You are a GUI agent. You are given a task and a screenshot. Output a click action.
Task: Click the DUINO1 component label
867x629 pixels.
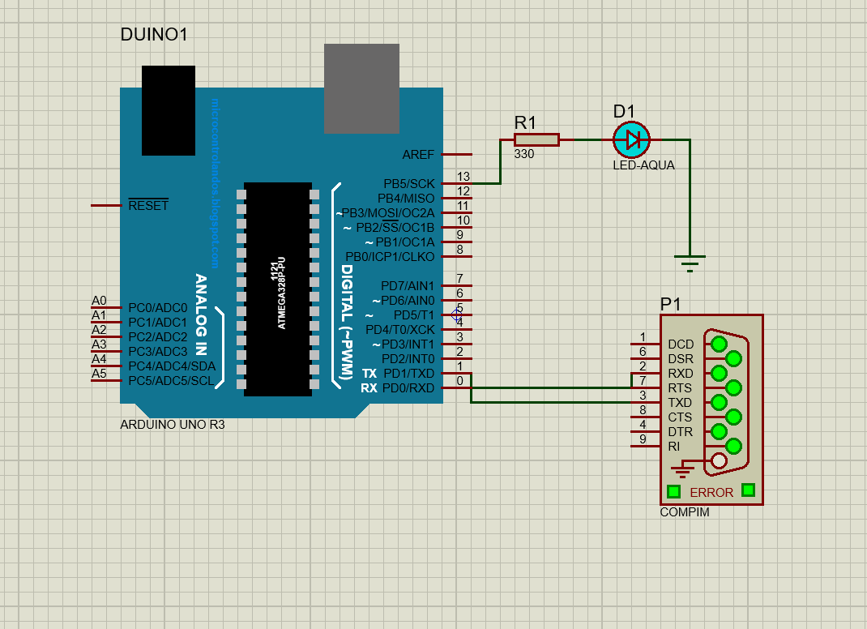[154, 35]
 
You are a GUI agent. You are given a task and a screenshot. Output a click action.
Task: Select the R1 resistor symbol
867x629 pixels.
[536, 140]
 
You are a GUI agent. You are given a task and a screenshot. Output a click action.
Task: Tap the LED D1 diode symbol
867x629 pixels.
[632, 140]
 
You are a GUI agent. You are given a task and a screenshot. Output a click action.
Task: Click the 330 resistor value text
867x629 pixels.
[524, 154]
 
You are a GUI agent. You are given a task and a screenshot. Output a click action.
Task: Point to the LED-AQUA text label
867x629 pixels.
[643, 165]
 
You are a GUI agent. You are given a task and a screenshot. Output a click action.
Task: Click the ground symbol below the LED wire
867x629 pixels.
[690, 261]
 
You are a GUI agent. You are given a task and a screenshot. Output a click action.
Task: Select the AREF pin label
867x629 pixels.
[418, 154]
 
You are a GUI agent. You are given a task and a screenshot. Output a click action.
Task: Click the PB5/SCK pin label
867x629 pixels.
[408, 184]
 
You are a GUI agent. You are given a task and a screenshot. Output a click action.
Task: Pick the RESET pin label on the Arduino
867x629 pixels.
[148, 205]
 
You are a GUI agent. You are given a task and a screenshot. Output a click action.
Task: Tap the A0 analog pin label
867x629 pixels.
[99, 301]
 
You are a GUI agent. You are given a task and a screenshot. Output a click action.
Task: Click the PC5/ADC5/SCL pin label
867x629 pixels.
[170, 381]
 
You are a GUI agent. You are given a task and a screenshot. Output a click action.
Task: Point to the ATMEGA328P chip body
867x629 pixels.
[278, 289]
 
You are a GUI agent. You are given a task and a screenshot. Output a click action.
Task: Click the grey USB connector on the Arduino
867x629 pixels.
[361, 88]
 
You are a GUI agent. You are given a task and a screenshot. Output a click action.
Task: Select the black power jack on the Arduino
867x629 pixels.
[169, 110]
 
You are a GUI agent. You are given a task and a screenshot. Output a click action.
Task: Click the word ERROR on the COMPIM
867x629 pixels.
[711, 492]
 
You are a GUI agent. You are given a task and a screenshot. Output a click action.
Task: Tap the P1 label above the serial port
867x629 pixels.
[671, 304]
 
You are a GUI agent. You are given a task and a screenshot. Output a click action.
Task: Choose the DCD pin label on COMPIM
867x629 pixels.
[681, 344]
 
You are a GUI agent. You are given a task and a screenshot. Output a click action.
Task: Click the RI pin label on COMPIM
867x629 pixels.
[674, 447]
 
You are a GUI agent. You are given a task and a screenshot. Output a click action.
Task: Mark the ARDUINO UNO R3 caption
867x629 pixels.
[173, 425]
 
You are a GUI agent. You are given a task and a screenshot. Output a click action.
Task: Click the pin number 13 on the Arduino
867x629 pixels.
[463, 177]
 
